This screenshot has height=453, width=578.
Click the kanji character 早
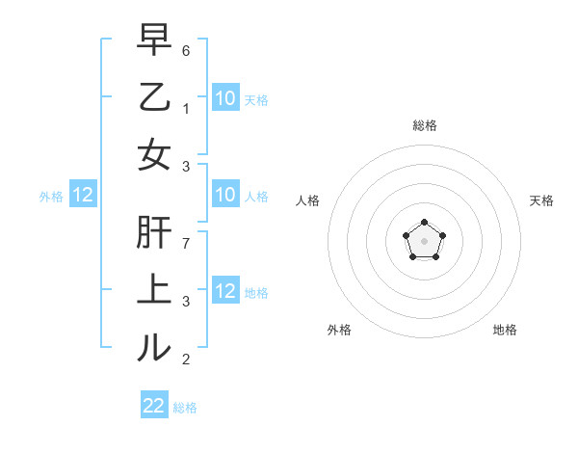[154, 40]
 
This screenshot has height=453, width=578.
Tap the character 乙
[154, 97]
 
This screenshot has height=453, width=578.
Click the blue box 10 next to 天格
[225, 97]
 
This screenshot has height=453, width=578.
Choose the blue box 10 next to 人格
[225, 196]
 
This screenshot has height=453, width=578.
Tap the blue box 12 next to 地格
[225, 291]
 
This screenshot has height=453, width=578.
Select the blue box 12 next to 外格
[83, 196]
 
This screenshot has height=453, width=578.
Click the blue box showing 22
[154, 406]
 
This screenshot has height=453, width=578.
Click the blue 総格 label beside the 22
[185, 408]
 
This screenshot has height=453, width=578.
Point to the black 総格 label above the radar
[424, 125]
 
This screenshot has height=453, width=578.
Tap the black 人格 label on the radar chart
[308, 200]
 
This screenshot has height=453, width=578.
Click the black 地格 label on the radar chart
[505, 330]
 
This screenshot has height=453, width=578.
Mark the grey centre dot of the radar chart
[424, 239]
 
